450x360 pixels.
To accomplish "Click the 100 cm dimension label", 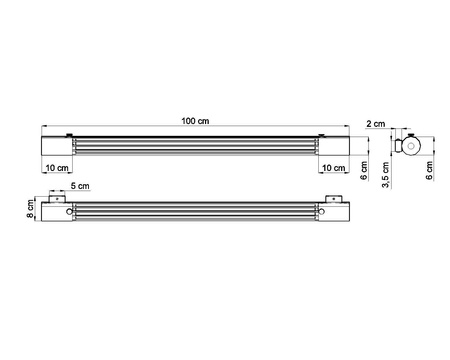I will tap(197, 121).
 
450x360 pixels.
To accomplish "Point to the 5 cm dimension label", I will tap(81, 188).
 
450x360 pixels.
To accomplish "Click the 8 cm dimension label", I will tap(31, 210).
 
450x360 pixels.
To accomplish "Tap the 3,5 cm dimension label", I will tap(386, 177).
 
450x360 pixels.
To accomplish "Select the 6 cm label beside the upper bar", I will tap(364, 171).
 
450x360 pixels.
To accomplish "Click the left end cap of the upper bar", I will tap(56, 146).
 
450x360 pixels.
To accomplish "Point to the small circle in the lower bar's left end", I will tap(67, 211).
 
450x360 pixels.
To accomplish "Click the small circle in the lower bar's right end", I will tap(324, 211).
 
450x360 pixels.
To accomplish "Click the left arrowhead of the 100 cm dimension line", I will tap(43, 127).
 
